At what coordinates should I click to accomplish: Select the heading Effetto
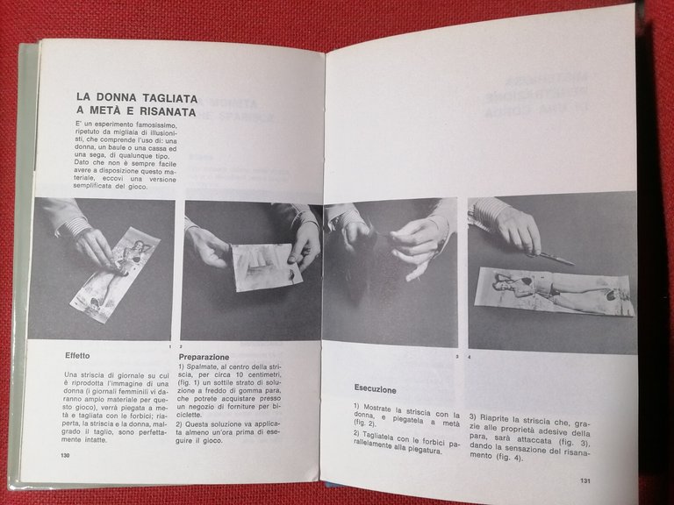pyautogui.click(x=84, y=358)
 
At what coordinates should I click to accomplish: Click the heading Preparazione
pyautogui.click(x=204, y=358)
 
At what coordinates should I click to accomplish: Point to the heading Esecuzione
pyautogui.click(x=375, y=389)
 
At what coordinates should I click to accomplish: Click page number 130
pyautogui.click(x=65, y=456)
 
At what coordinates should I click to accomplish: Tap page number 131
pyautogui.click(x=585, y=480)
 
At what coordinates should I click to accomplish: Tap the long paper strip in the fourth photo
pyautogui.click(x=553, y=292)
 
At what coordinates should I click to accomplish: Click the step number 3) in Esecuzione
pyautogui.click(x=472, y=417)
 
